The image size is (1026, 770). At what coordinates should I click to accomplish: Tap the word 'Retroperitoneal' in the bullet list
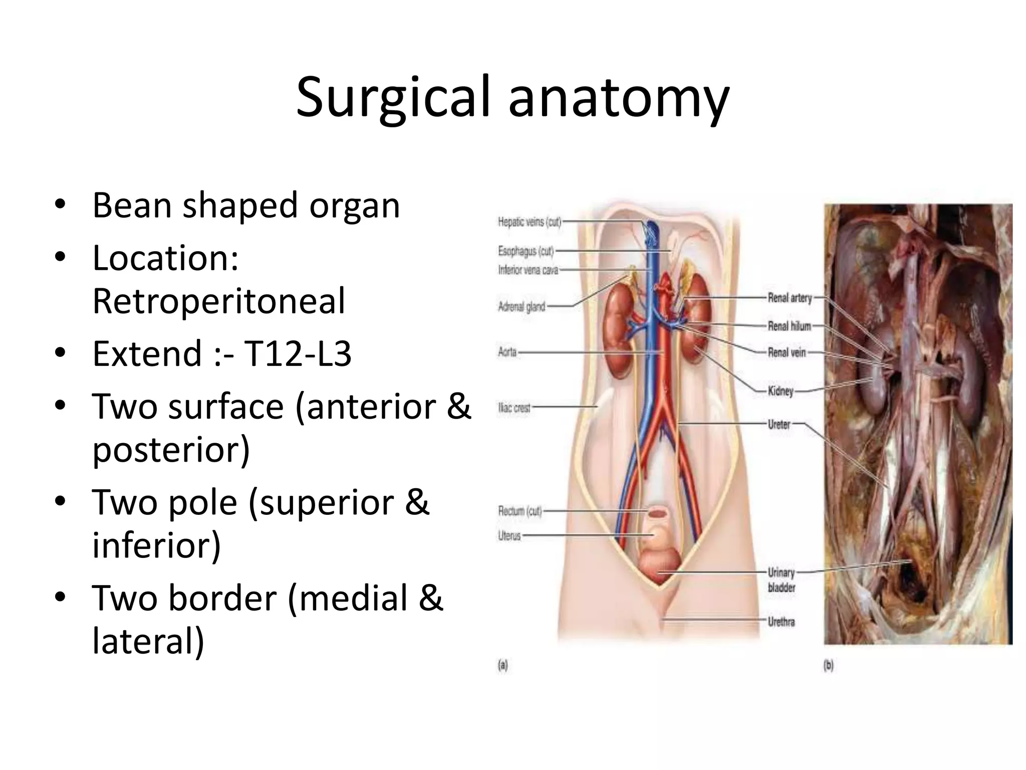219,301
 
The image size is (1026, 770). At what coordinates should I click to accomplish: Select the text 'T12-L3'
298,353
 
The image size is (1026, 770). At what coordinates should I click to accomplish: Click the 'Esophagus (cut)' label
526,251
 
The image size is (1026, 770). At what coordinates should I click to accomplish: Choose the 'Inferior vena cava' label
528,271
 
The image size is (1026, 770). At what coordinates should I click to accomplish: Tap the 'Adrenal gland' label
521,306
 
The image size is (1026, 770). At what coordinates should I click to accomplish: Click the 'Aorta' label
507,352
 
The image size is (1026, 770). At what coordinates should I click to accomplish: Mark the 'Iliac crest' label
514,408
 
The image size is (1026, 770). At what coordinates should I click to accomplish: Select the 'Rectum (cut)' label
520,511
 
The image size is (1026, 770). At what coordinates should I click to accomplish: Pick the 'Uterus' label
509,536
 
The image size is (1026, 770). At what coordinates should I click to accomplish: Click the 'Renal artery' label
790,298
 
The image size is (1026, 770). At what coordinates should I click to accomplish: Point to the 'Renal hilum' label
789,326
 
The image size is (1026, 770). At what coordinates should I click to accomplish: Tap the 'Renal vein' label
787,353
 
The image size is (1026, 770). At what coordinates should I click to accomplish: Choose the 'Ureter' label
779,425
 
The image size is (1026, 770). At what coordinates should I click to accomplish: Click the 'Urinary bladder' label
781,580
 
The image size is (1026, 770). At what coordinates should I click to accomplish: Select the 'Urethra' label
781,622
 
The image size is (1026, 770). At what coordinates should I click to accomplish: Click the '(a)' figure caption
502,666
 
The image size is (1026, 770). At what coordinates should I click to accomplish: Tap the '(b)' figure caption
829,666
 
